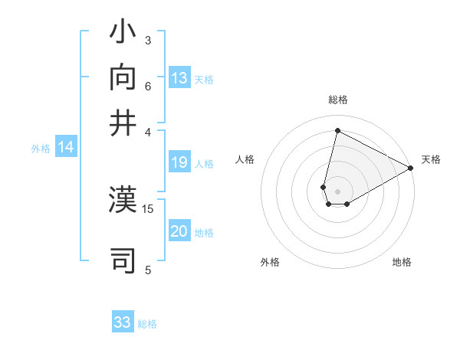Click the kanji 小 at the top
123,34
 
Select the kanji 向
123,79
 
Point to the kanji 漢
123,201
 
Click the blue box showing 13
179,78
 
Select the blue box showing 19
179,162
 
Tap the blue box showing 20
179,232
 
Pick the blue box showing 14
66,148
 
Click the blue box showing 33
123,322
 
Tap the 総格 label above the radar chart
338,100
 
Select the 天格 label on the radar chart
431,159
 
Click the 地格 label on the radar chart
402,262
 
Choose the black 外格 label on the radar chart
270,262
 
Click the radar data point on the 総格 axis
337,130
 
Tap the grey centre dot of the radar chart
337,191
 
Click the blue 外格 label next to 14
41,149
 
